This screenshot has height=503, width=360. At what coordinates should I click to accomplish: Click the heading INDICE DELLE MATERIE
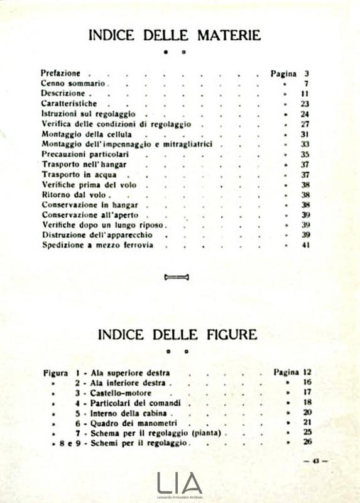point(174,35)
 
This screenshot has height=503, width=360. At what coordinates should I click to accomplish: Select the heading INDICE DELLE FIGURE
point(177,334)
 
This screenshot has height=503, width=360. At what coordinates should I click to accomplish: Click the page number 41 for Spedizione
point(306,245)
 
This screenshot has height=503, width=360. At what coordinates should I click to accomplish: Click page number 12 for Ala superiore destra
point(307,372)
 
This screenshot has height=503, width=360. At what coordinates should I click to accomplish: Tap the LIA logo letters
point(180,482)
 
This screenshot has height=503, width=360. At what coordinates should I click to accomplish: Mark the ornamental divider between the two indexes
point(177,277)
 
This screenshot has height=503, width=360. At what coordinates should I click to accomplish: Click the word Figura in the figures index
point(55,372)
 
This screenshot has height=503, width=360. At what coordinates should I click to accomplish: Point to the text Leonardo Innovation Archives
point(180,497)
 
